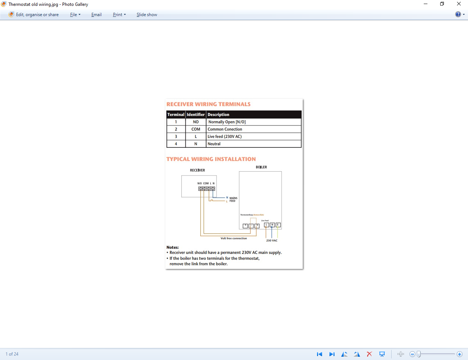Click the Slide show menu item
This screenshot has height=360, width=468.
(147, 15)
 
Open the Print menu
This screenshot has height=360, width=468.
(119, 15)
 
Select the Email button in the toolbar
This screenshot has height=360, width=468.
(97, 15)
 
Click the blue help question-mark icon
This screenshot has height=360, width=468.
(458, 14)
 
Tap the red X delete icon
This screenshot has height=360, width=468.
(369, 354)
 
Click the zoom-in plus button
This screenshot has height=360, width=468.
(460, 354)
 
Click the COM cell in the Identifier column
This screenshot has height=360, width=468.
(196, 129)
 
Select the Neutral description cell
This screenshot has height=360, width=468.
(214, 144)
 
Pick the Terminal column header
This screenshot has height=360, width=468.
(176, 115)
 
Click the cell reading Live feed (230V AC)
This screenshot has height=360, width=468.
(224, 136)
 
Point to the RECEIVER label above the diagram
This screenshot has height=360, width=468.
(197, 170)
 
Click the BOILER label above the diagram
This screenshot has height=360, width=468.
(261, 167)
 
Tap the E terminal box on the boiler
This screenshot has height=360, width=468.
(278, 225)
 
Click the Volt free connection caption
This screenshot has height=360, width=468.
(234, 238)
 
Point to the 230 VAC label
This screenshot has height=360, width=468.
(272, 240)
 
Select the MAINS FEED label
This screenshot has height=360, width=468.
(233, 199)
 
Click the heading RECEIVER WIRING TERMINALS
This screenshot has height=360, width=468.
(208, 104)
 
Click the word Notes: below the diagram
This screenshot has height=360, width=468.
(173, 247)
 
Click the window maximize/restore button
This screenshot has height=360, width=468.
(442, 4)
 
